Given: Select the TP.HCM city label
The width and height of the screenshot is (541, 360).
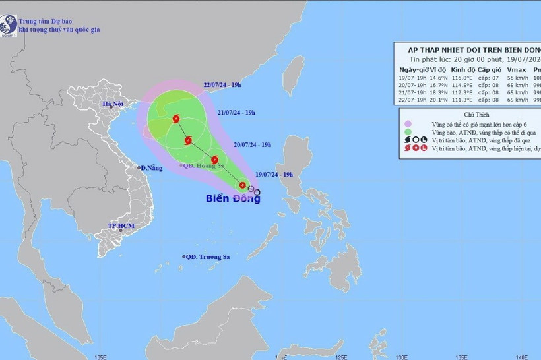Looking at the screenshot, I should [x=121, y=226].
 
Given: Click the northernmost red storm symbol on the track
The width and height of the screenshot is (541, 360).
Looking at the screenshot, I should [x=176, y=119].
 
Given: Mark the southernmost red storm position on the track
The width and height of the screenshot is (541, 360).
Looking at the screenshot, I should [x=243, y=186].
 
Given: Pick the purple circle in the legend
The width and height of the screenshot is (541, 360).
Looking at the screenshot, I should [x=408, y=123].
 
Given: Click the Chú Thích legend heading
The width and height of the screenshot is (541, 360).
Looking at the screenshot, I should [x=472, y=112].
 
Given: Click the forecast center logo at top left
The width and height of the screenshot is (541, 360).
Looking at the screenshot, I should [x=9, y=24].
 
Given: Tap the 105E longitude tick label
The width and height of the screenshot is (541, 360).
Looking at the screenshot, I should [x=100, y=356].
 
